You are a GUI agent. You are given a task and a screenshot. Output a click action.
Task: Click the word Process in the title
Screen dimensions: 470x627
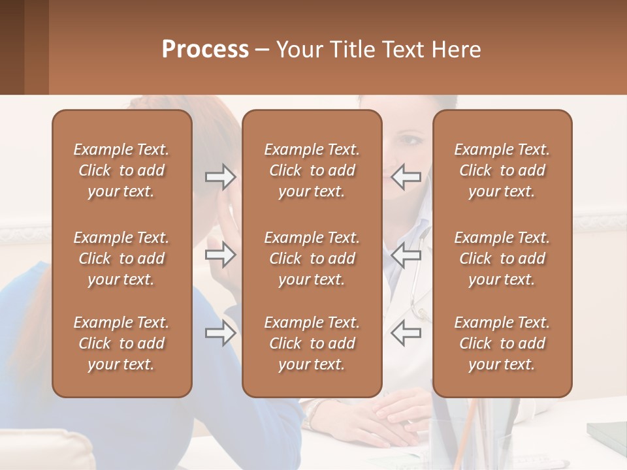(x=205, y=50)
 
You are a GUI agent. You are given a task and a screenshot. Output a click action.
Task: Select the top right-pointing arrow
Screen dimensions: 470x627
(x=220, y=177)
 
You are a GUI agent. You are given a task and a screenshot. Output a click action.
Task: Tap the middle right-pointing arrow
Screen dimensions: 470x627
(x=220, y=255)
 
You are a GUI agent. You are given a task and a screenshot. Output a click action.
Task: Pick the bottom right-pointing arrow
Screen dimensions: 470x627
(x=220, y=334)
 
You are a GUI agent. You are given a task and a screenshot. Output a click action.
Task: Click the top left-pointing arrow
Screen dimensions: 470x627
(x=406, y=177)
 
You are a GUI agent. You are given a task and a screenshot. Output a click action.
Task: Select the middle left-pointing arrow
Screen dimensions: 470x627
(x=406, y=255)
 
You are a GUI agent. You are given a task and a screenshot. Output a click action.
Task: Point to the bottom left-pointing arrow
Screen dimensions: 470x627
(x=406, y=334)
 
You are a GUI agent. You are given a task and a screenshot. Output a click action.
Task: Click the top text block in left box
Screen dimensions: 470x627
(x=121, y=170)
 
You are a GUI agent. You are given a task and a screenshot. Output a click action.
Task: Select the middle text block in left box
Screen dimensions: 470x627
(x=121, y=258)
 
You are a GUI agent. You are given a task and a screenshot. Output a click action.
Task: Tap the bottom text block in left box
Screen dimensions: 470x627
(x=121, y=343)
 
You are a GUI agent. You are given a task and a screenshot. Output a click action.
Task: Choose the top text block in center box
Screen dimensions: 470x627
(x=312, y=170)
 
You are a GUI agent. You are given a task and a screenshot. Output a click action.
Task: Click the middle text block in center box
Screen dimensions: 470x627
(x=312, y=258)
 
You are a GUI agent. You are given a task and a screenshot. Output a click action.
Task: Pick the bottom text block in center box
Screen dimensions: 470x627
(x=312, y=343)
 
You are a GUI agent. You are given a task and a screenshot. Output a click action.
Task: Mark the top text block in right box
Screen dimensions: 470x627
(x=502, y=170)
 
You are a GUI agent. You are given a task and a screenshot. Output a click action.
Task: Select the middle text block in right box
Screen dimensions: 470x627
(x=502, y=258)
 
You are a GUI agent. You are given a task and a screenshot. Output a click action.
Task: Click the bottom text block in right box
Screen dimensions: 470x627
(x=502, y=343)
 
